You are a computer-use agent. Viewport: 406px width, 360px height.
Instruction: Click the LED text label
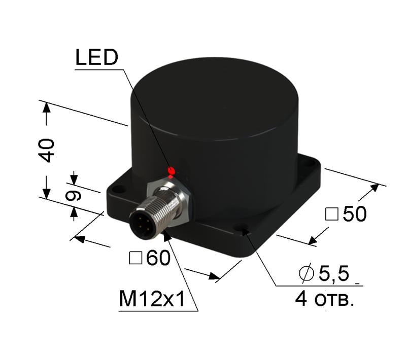click(96, 58)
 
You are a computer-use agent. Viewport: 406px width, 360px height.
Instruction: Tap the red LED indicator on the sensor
click(172, 170)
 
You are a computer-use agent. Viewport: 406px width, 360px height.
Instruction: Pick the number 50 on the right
click(354, 214)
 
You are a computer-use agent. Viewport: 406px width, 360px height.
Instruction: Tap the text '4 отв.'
click(324, 299)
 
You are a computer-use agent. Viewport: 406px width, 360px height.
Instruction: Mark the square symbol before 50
click(331, 215)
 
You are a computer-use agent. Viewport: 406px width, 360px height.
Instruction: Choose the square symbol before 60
click(136, 259)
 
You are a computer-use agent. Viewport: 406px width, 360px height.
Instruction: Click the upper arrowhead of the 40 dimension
click(46, 107)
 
